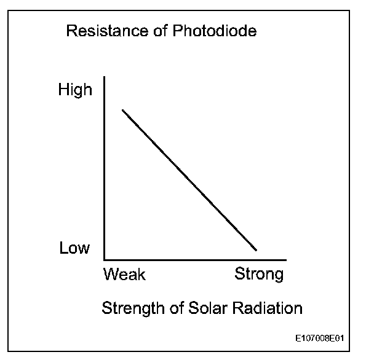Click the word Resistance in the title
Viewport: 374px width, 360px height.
pyautogui.click(x=101, y=31)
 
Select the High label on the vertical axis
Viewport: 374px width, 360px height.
pyautogui.click(x=75, y=90)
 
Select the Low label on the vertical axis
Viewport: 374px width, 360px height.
pyautogui.click(x=74, y=248)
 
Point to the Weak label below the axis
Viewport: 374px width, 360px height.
pyautogui.click(x=125, y=274)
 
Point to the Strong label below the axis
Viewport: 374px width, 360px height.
pyautogui.click(x=259, y=274)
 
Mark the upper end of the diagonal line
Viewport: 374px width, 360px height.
pyautogui.click(x=122, y=110)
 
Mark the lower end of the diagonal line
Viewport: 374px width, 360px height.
pyautogui.click(x=256, y=250)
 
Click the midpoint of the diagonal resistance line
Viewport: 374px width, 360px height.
pyautogui.click(x=189, y=180)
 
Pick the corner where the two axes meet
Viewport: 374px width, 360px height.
pyautogui.click(x=105, y=259)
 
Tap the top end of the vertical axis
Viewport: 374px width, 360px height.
pyautogui.click(x=105, y=77)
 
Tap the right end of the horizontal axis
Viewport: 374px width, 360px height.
pyautogui.click(x=286, y=259)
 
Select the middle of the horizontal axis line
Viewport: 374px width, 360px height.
pyautogui.click(x=196, y=259)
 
